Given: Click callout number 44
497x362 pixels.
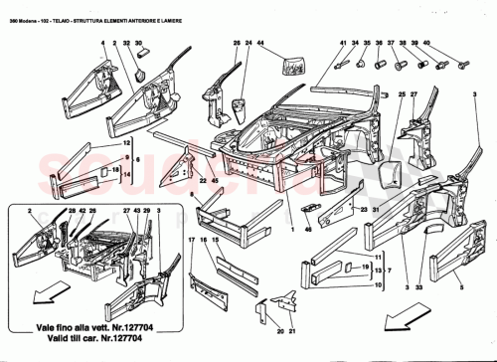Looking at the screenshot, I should click(x=260, y=43).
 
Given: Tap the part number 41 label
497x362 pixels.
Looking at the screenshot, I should click(x=341, y=43).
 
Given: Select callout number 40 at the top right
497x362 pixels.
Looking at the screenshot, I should click(x=426, y=43).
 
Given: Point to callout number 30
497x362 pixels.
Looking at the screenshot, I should click(x=139, y=43).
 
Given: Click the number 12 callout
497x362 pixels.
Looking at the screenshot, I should click(x=126, y=144).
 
